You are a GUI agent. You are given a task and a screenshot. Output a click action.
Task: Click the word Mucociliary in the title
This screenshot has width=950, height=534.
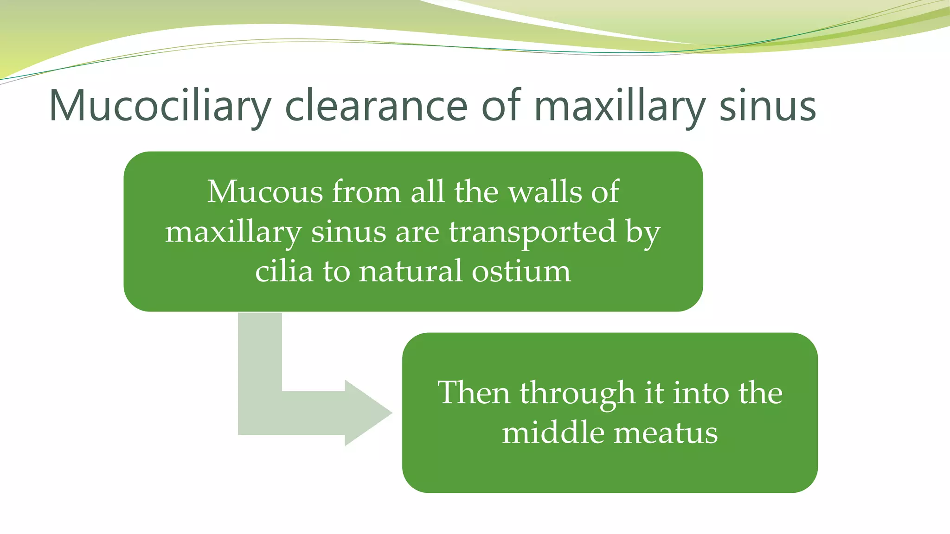tap(160, 107)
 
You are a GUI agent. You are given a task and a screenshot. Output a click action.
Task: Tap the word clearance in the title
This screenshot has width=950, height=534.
tap(376, 107)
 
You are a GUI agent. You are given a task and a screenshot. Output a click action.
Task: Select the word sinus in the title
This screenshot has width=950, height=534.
tap(768, 107)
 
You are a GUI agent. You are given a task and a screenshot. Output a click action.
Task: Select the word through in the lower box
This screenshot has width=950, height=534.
tap(577, 394)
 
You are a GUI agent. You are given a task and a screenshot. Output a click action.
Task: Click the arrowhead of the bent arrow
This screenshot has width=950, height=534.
tap(366, 413)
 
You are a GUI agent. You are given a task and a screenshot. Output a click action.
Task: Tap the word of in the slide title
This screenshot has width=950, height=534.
tap(501, 107)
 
